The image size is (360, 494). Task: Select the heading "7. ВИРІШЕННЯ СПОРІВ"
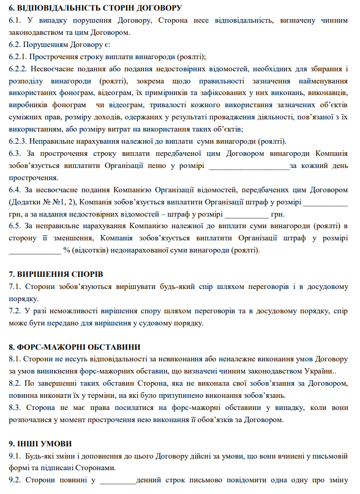[56, 274]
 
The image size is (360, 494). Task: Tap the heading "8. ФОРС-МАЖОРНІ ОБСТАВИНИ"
[74, 347]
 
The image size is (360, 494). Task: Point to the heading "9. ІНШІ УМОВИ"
[40, 443]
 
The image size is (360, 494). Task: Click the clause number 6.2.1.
[18, 57]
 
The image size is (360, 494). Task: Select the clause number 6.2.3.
[18, 141]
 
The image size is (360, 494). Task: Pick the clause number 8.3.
[15, 407]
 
